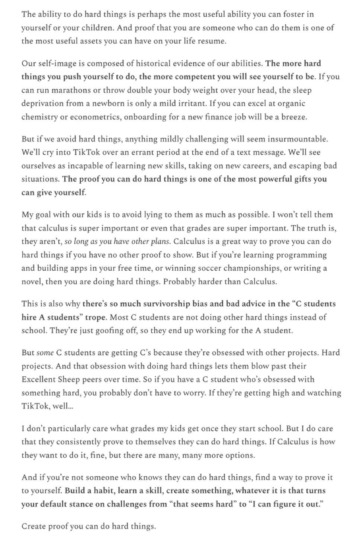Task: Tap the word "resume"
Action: click(x=213, y=41)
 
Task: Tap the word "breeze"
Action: click(x=293, y=117)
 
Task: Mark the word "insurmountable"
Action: click(x=299, y=139)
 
